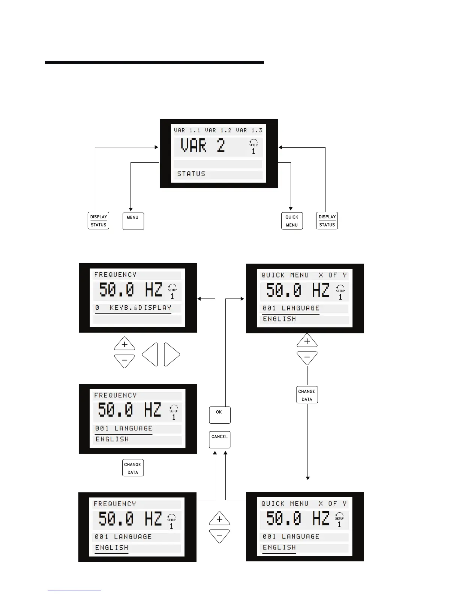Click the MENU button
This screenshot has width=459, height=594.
133,221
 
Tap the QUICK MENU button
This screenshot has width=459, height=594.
292,221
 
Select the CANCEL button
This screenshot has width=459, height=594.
220,439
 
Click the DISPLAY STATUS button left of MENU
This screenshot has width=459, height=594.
98,220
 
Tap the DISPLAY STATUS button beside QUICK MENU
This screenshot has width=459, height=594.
327,220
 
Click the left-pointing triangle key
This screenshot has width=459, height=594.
150,354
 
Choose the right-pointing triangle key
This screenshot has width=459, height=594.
171,354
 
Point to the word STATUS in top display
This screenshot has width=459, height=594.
191,174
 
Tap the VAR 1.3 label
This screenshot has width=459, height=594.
249,130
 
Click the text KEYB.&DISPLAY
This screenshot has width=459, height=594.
140,307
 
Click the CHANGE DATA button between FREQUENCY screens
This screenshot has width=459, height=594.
133,468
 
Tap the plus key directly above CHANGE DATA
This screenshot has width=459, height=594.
307,341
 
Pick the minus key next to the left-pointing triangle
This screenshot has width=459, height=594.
124,361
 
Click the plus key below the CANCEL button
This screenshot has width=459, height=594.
219,519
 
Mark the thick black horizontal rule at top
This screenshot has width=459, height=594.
154,63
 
